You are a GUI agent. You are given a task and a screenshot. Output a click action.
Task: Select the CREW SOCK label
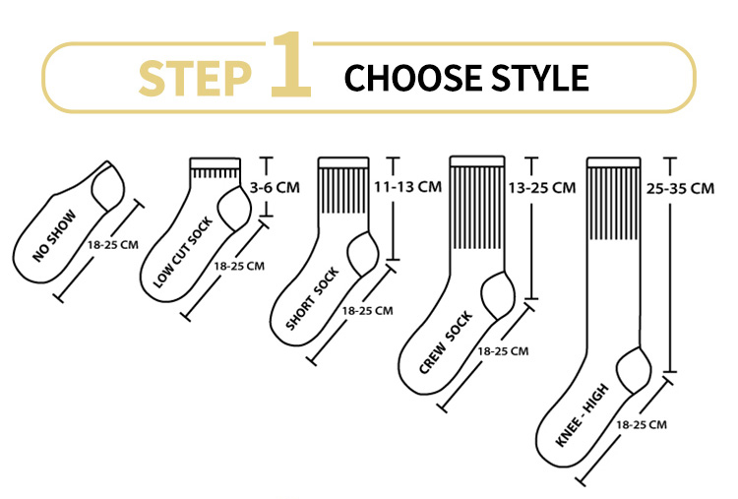point(446,342)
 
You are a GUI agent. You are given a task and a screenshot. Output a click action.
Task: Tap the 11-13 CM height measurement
point(407,186)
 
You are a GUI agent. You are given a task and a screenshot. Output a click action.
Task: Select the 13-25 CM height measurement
point(541,188)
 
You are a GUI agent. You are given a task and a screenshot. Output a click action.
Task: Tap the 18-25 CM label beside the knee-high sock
point(642,424)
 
